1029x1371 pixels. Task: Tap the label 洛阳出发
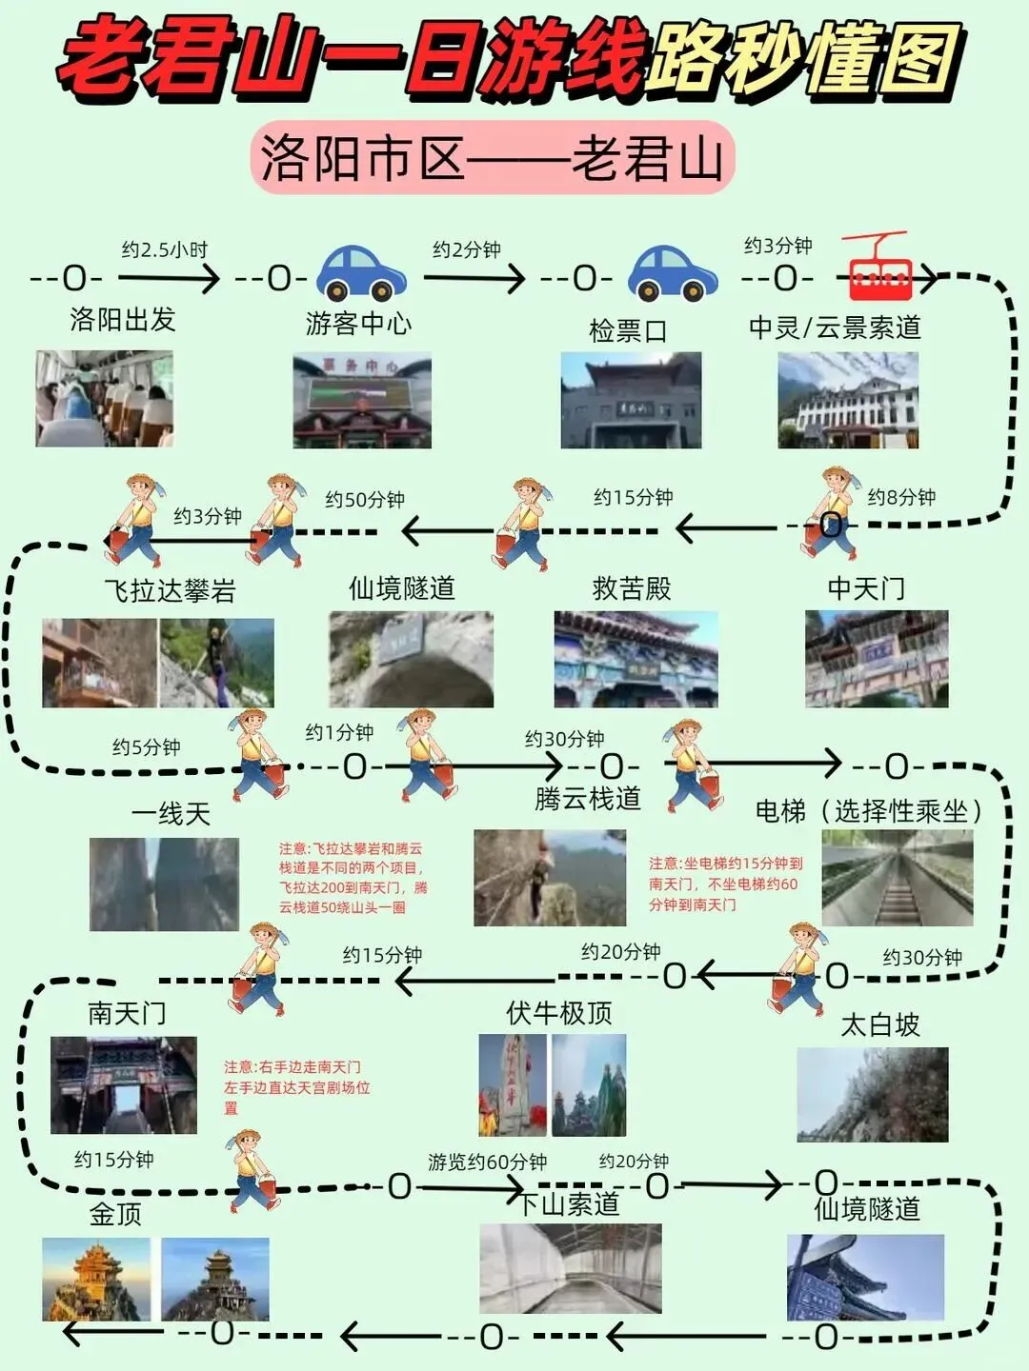(123, 319)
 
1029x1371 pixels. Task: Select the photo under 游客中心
(362, 401)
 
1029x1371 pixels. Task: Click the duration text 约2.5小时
(164, 250)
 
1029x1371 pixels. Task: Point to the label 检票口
(628, 330)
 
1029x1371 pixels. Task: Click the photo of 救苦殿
(636, 659)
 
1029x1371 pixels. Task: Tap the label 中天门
(866, 588)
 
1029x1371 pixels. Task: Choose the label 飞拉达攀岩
(170, 590)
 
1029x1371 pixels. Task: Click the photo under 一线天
(164, 884)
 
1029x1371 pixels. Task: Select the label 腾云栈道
(587, 798)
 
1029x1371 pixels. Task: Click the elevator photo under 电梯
(898, 878)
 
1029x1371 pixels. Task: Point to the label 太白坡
(880, 1024)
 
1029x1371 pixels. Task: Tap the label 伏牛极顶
(559, 1012)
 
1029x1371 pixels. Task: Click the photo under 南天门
(124, 1085)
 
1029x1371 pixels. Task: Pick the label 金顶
(115, 1213)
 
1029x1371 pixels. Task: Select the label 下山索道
(570, 1203)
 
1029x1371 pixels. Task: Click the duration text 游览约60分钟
(487, 1162)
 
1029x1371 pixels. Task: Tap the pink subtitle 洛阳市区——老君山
(493, 158)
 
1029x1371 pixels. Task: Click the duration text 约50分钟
(365, 499)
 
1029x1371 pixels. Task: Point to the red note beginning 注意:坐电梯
(725, 884)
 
